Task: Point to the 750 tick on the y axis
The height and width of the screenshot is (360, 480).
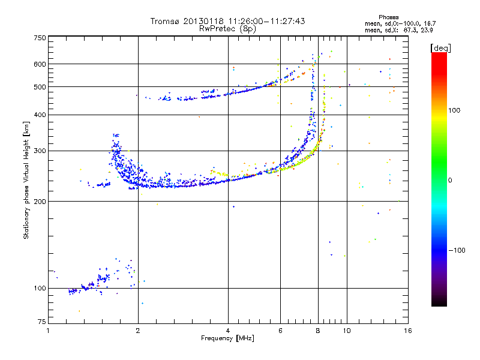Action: (40, 38)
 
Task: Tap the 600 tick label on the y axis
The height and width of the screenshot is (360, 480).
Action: (40, 64)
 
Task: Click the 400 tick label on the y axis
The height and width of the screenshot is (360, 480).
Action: (40, 115)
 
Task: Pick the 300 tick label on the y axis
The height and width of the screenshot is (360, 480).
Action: (40, 151)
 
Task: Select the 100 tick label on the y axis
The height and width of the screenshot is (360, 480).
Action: (40, 288)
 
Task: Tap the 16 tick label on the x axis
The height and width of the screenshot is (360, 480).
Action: (407, 331)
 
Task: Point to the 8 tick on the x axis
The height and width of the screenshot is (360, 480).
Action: (318, 331)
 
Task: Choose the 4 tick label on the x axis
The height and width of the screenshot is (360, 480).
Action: (228, 331)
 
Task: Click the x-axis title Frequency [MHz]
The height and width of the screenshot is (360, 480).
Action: (227, 339)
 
